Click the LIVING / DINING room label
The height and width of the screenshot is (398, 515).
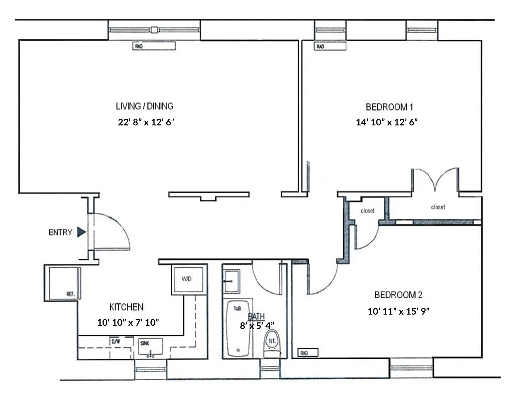click(145, 106)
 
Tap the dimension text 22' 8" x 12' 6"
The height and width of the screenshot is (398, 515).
click(146, 123)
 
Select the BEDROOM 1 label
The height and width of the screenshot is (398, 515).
click(390, 106)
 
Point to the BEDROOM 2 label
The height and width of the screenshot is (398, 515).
click(398, 295)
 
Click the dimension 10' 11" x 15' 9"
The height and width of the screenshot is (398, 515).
click(398, 311)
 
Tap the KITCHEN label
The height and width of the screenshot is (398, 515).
click(126, 307)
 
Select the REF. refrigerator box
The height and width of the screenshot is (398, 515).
click(62, 283)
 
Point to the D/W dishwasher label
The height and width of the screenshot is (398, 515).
click(115, 342)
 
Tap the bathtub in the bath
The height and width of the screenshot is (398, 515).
click(238, 328)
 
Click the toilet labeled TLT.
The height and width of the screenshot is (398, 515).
click(272, 343)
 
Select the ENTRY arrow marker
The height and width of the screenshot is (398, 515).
click(81, 232)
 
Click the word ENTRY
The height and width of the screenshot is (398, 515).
click(60, 232)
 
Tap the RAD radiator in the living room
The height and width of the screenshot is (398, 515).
click(155, 47)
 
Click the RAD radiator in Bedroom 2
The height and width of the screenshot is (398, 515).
click(308, 353)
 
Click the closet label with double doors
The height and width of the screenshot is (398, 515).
click(438, 207)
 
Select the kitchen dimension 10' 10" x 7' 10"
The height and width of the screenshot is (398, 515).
click(128, 323)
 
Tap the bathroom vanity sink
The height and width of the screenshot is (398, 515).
click(231, 281)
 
